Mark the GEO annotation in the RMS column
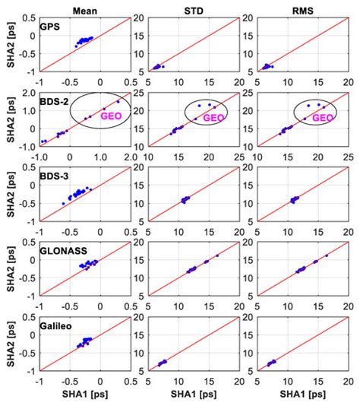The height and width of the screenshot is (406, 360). [x=323, y=118]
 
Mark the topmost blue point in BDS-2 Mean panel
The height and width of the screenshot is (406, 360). [x=118, y=102]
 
